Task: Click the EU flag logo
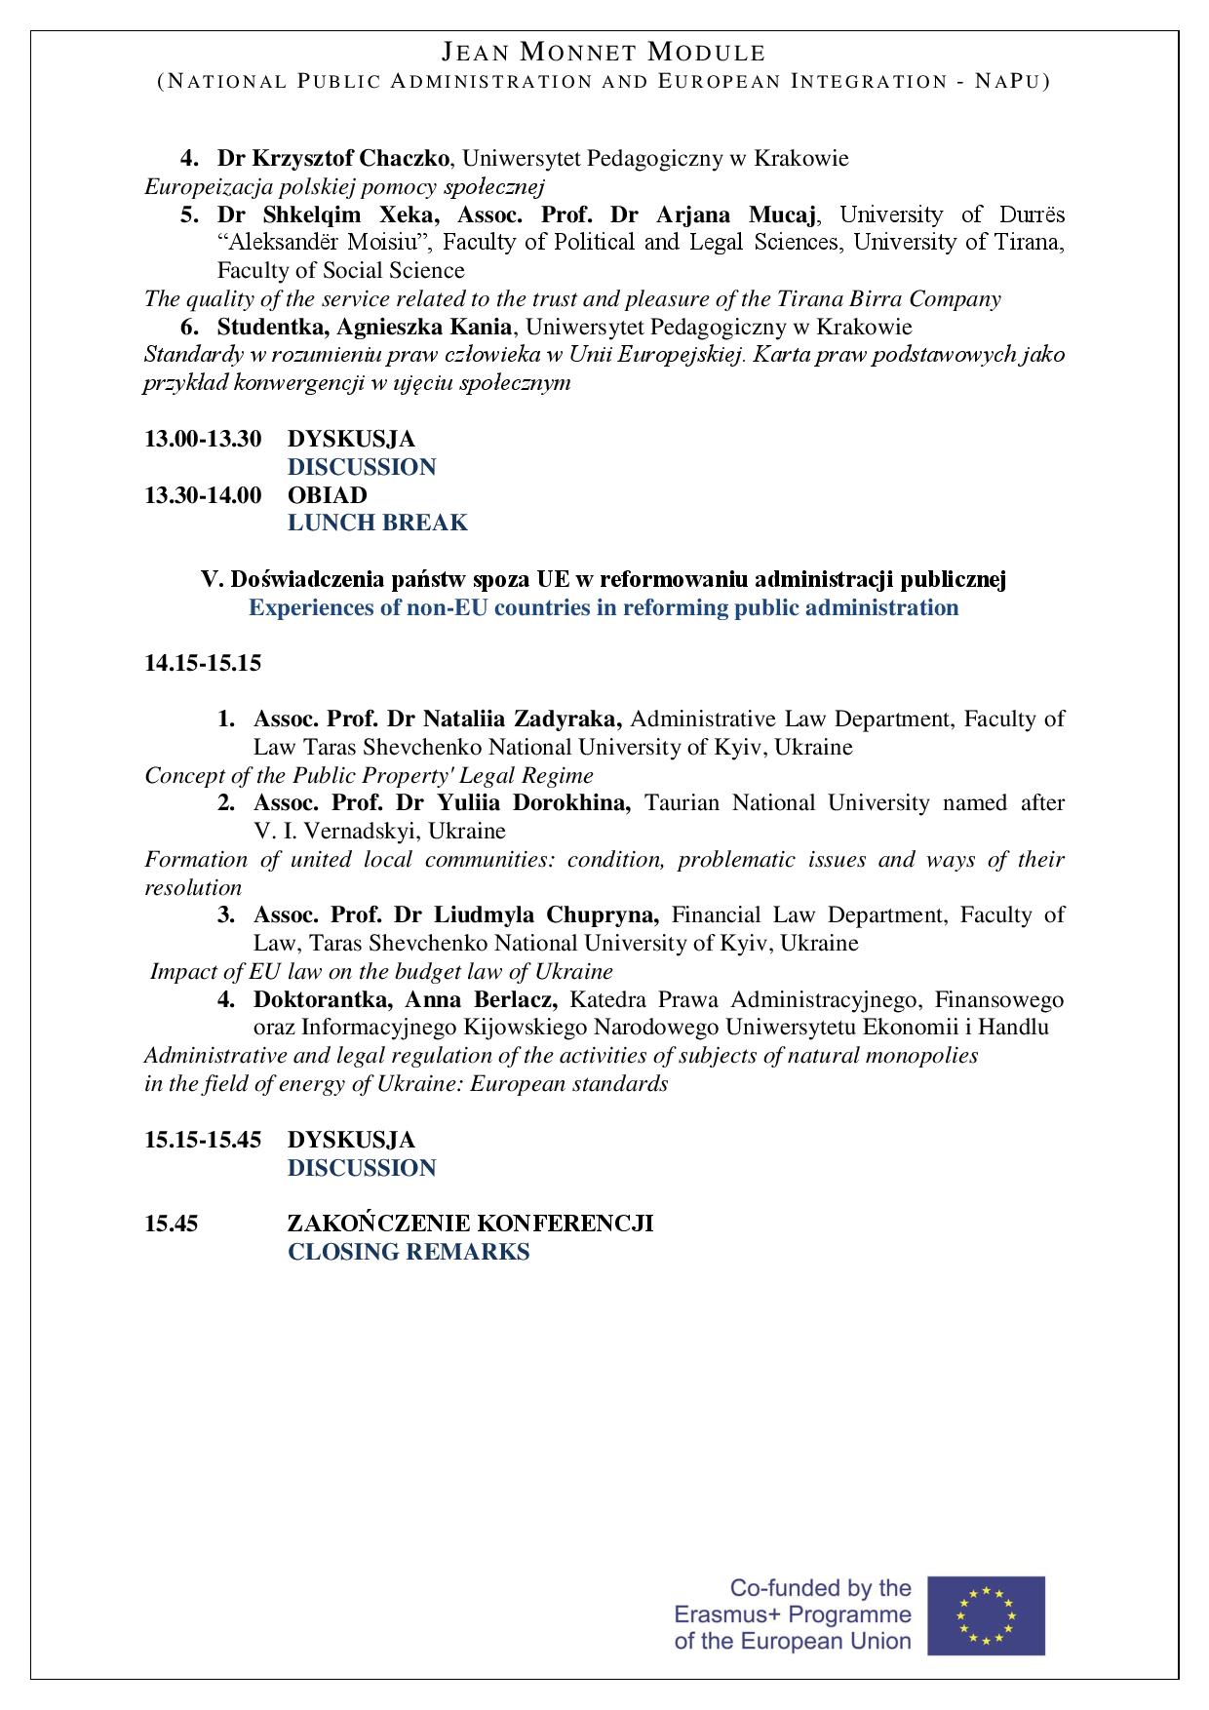pyautogui.click(x=986, y=1614)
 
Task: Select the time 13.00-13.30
pyautogui.click(x=203, y=439)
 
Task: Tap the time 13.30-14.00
pyautogui.click(x=203, y=495)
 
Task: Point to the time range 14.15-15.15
pyautogui.click(x=203, y=664)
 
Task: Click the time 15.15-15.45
pyautogui.click(x=203, y=1140)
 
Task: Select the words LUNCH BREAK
pyautogui.click(x=377, y=524)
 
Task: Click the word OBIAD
pyautogui.click(x=327, y=495)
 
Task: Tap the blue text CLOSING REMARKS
pyautogui.click(x=409, y=1252)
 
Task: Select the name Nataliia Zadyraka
pyautogui.click(x=523, y=719)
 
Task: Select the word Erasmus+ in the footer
pyautogui.click(x=720, y=1614)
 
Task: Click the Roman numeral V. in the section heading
pyautogui.click(x=212, y=580)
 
